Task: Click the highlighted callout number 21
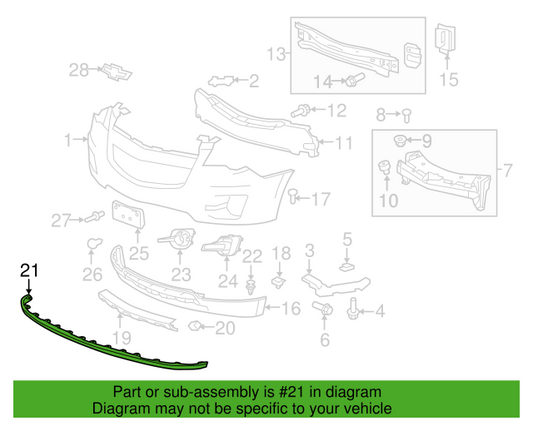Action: [29, 271]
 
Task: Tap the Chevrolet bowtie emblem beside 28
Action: [117, 72]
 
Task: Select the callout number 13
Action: [276, 54]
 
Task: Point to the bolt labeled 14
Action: [355, 79]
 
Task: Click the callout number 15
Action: [449, 80]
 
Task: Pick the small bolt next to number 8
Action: [406, 115]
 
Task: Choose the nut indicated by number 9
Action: [400, 141]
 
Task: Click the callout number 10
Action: [388, 201]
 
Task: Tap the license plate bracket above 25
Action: [129, 214]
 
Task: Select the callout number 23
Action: [181, 274]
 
